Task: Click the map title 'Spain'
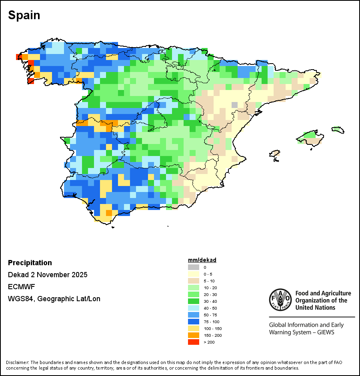click(x=24, y=15)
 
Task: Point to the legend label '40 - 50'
click(x=210, y=308)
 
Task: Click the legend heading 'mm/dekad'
click(x=202, y=260)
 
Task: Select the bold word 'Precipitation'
click(x=30, y=263)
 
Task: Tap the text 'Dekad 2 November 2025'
click(x=48, y=275)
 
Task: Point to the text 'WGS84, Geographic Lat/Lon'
click(x=54, y=299)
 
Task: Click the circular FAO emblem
click(x=280, y=299)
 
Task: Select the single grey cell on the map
click(x=234, y=105)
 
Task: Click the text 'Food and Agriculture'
click(x=323, y=294)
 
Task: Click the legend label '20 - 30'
click(x=210, y=294)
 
